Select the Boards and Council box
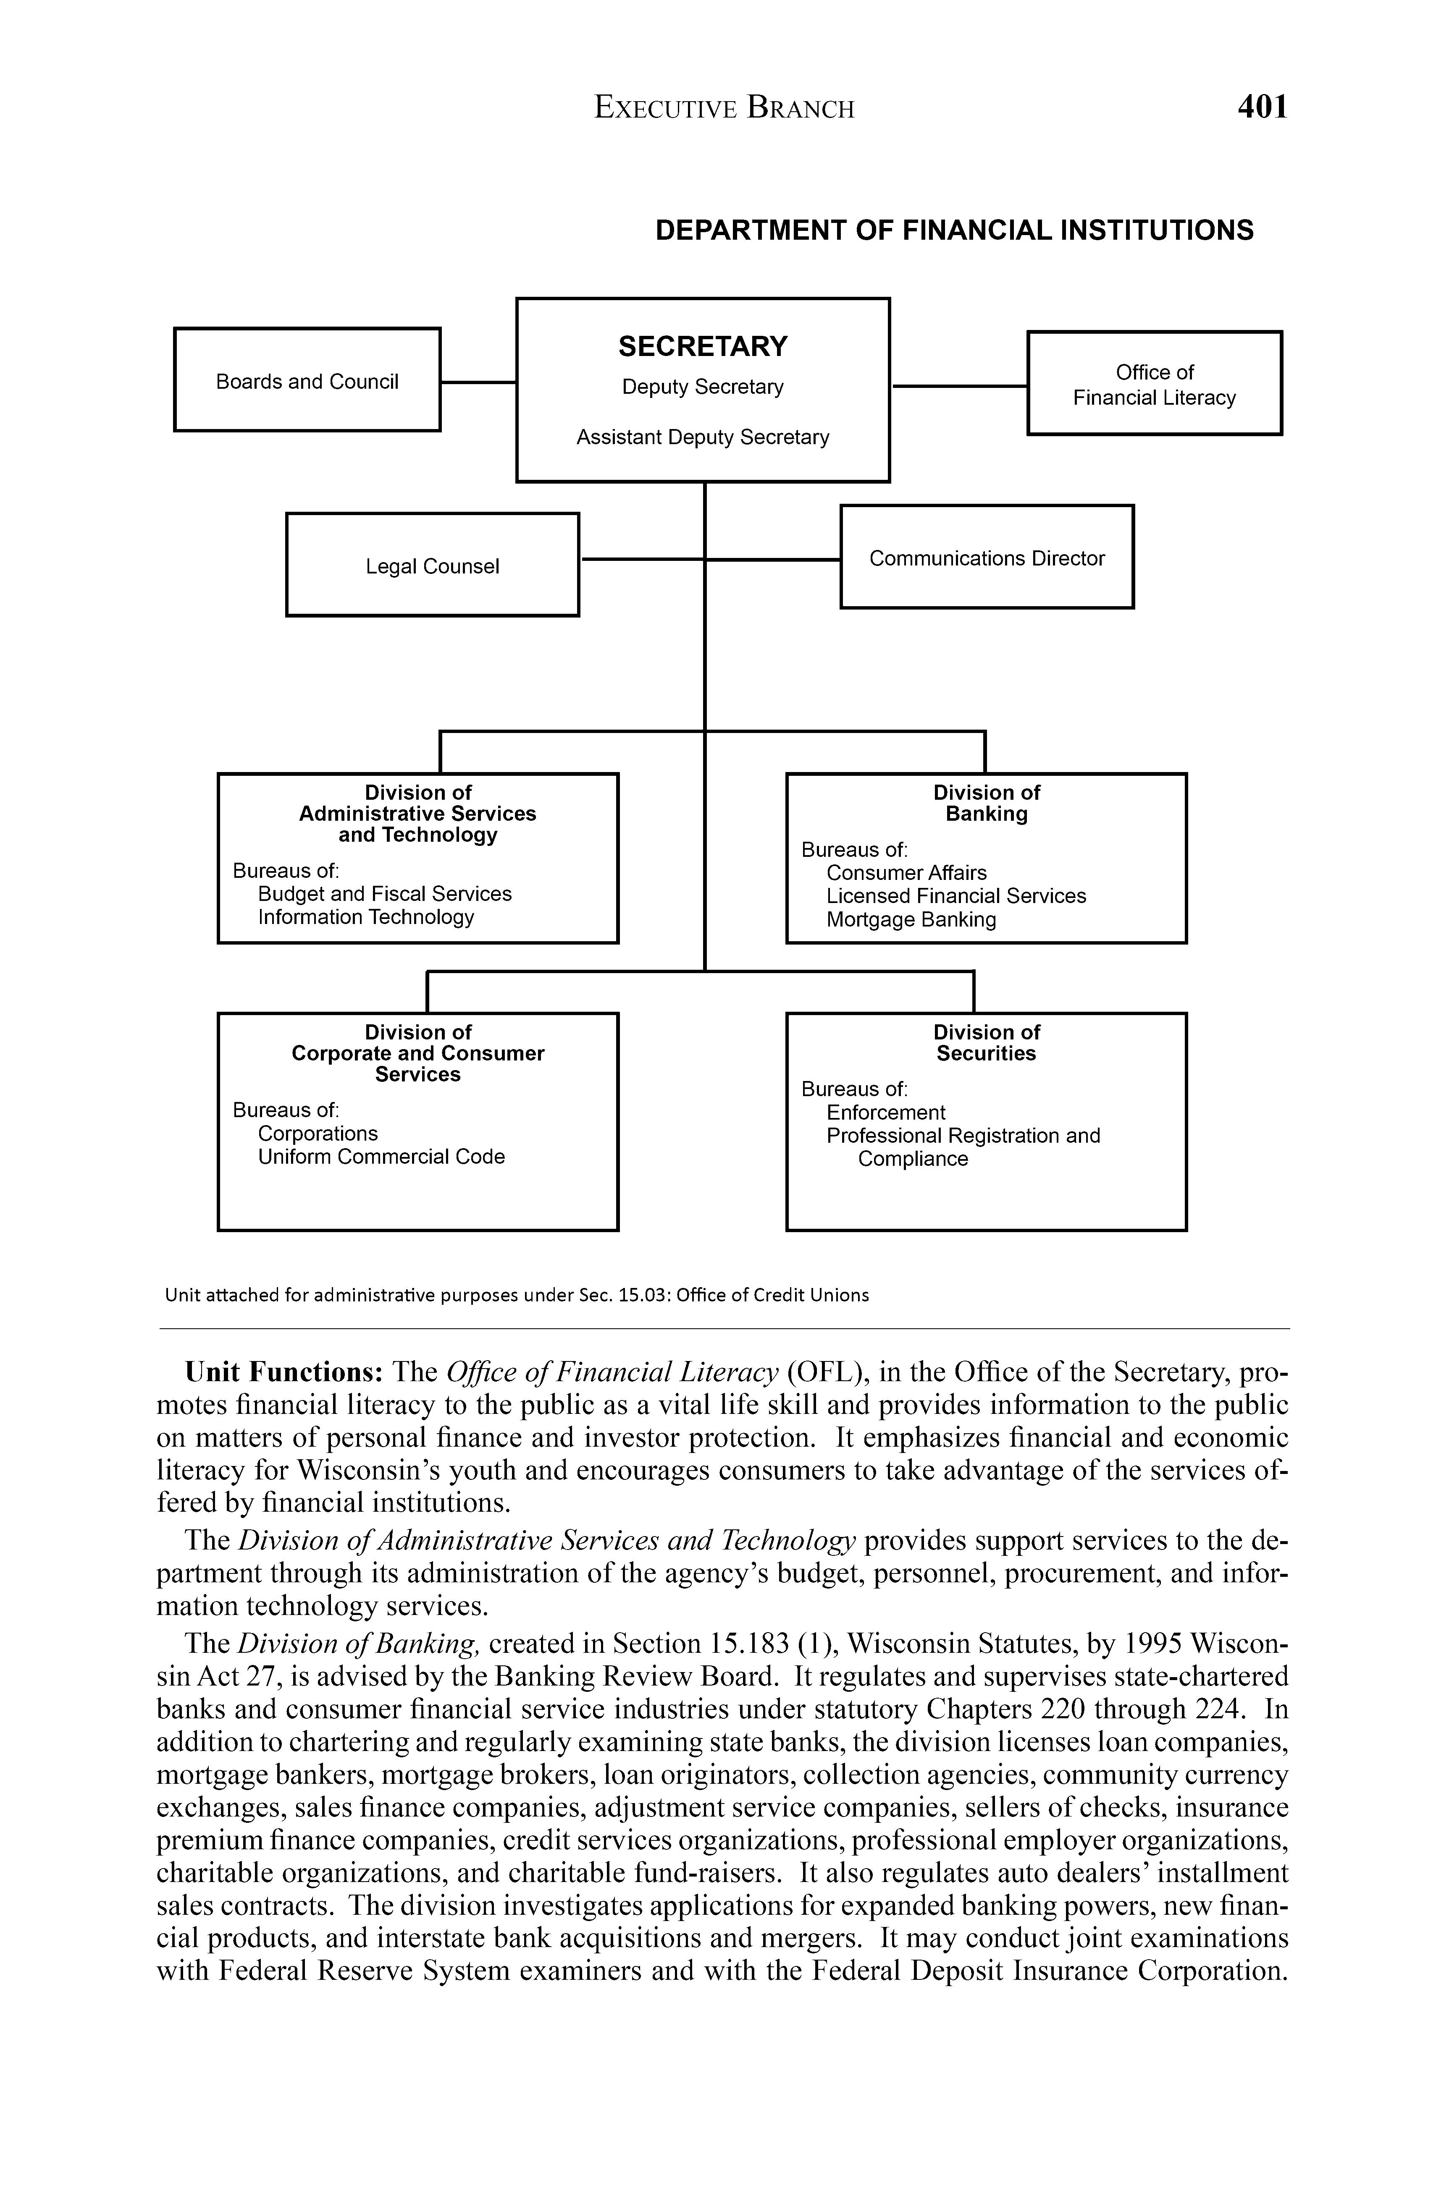(307, 380)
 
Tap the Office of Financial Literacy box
(1155, 383)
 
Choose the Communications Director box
(987, 558)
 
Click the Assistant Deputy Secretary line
(702, 437)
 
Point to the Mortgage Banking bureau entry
(911, 919)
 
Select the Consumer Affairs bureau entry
(906, 872)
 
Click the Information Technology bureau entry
(366, 917)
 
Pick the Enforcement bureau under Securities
(886, 1112)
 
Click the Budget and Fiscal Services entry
(384, 894)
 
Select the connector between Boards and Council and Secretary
(478, 382)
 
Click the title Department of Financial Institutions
(954, 230)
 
